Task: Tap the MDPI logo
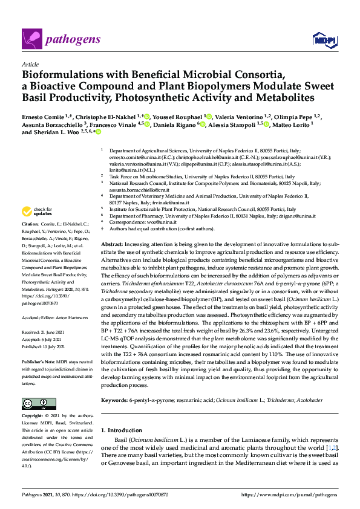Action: (323, 40)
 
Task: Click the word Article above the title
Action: (30, 63)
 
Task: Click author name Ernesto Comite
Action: (43, 116)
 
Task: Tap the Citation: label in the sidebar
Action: (31, 224)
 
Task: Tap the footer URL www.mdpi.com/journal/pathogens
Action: (289, 494)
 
